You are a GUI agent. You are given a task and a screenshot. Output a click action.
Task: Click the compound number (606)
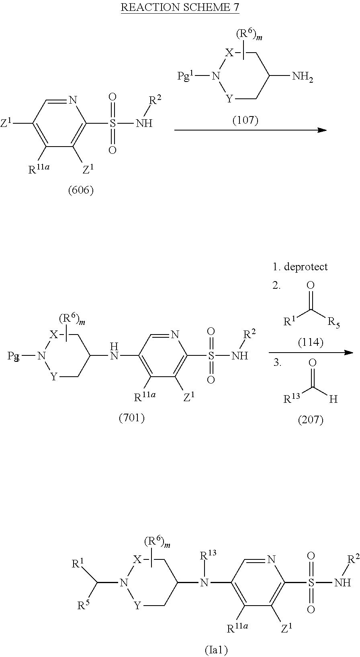pos(80,190)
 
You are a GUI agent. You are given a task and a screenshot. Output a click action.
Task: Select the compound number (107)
pos(245,120)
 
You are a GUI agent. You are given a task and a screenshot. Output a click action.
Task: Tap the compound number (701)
pos(132,418)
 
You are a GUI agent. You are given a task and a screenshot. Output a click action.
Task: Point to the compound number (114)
pos(311,342)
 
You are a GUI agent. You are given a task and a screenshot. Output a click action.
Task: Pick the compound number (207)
pos(311,420)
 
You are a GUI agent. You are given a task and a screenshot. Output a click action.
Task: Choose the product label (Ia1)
pos(216,649)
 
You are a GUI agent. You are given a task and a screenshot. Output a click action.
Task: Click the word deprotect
pos(305,267)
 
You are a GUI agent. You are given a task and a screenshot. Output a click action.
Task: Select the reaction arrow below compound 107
pos(250,130)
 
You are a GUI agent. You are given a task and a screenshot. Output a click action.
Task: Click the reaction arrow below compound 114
pos(311,353)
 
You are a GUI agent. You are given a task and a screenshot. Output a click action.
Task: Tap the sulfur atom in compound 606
pos(112,123)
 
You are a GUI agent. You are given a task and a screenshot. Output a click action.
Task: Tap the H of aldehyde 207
pos(333,399)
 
